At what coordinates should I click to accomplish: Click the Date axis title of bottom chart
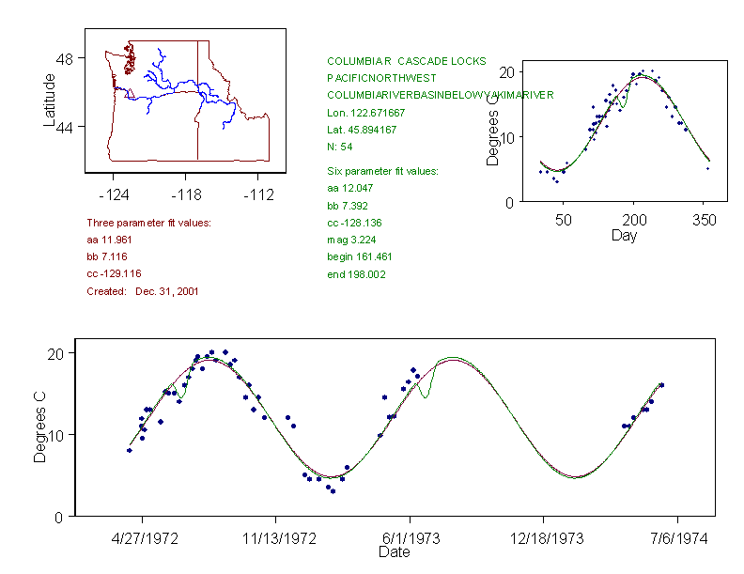[394, 552]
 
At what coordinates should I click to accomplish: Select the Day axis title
[624, 235]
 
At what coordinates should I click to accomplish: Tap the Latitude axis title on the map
[50, 100]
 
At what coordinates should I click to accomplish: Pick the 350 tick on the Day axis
[705, 221]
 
